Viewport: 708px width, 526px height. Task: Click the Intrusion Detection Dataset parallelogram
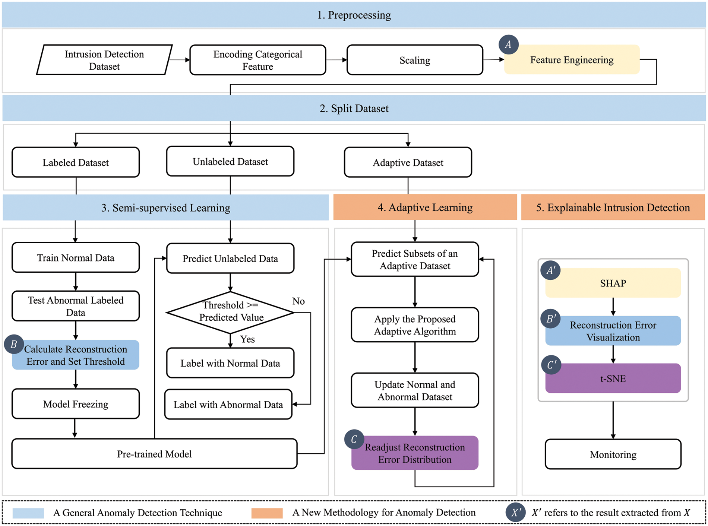point(104,60)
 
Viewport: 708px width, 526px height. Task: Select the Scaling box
point(415,60)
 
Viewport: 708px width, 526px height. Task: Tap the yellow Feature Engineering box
point(572,60)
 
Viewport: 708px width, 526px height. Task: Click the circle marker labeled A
point(508,45)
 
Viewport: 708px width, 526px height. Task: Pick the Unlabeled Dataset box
point(230,161)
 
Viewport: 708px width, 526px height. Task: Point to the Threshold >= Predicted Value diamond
point(230,312)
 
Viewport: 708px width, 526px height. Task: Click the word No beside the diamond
point(298,301)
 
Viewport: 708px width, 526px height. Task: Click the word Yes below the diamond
point(247,339)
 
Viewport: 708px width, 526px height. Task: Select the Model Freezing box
point(76,404)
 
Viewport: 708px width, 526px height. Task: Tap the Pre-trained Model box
point(154,454)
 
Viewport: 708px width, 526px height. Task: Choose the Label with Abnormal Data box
point(228,405)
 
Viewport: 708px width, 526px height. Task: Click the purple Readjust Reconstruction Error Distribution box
point(415,453)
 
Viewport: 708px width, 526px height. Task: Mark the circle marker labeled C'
point(551,365)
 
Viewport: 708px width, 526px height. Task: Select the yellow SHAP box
point(613,283)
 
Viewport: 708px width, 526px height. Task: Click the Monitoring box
point(613,454)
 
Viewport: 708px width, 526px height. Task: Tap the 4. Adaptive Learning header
point(425,207)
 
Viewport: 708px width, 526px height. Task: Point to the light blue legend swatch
point(28,513)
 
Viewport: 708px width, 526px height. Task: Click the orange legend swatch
point(267,513)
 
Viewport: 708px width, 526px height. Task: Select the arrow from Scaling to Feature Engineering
point(493,60)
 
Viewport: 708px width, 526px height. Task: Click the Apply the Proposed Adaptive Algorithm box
point(415,325)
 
